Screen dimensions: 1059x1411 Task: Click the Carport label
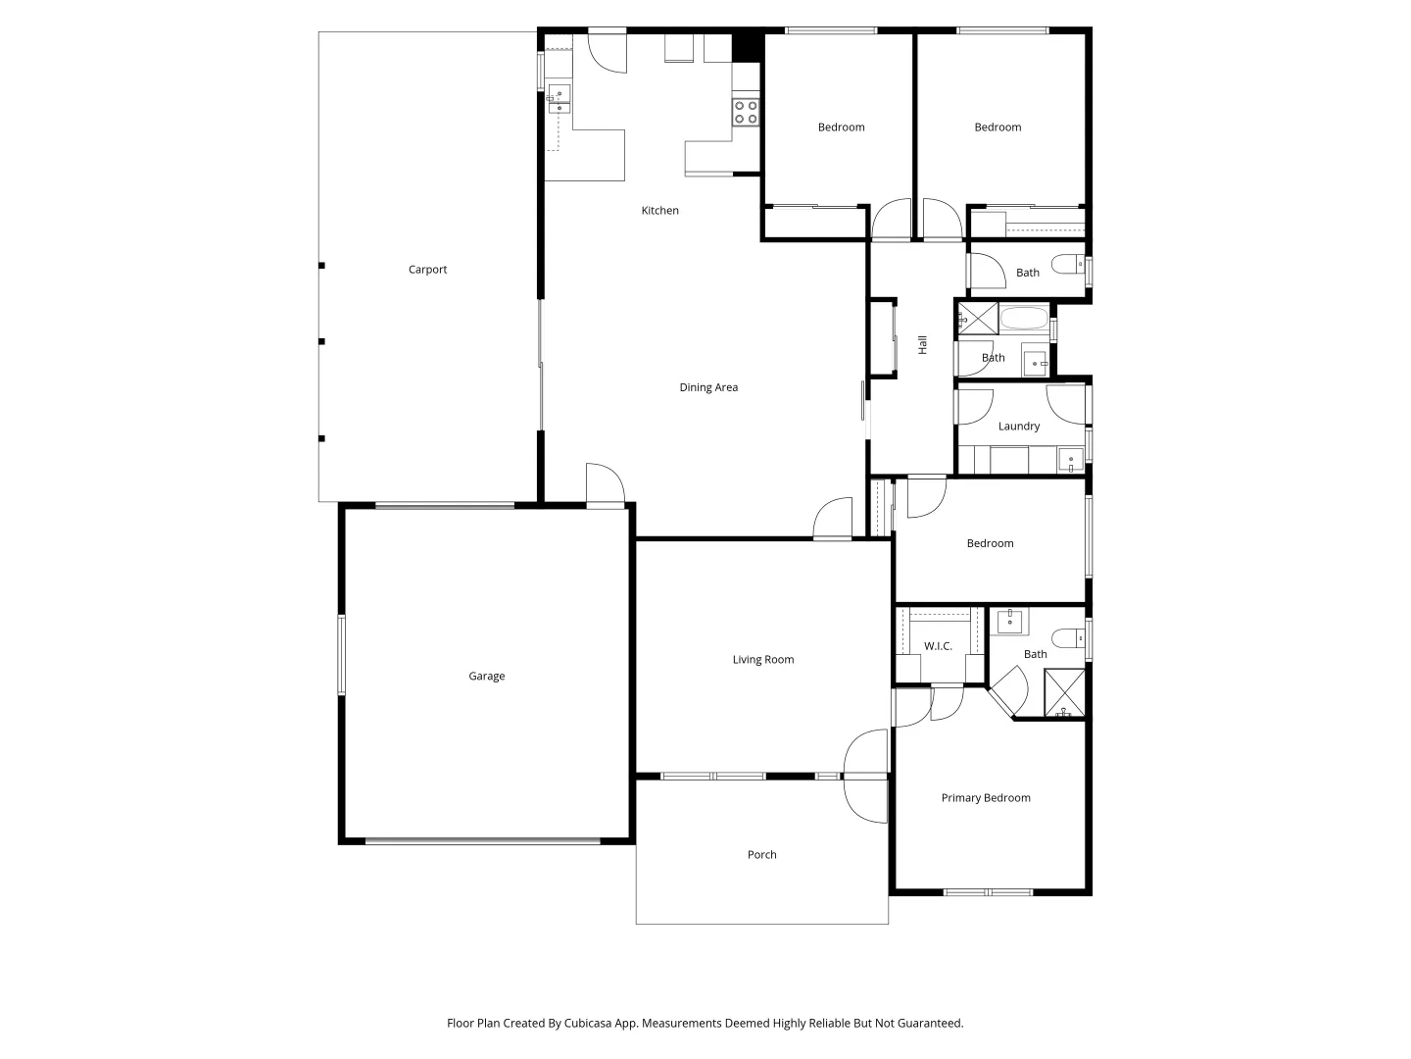pyautogui.click(x=427, y=270)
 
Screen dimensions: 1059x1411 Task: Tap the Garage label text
pyautogui.click(x=486, y=677)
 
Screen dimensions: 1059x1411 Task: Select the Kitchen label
pyautogui.click(x=659, y=211)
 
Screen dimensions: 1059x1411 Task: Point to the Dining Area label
pyautogui.click(x=708, y=387)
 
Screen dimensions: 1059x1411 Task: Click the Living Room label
pyautogui.click(x=762, y=660)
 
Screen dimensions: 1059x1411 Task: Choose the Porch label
pyautogui.click(x=761, y=855)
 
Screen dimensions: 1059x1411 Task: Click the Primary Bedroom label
pyautogui.click(x=985, y=798)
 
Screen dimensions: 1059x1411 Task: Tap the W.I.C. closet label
pyautogui.click(x=938, y=646)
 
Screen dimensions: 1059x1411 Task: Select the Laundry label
pyautogui.click(x=1018, y=427)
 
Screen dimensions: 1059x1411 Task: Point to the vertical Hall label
pyautogui.click(x=922, y=344)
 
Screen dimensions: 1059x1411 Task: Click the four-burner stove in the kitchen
pyautogui.click(x=746, y=112)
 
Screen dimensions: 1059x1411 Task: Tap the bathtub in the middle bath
pyautogui.click(x=1024, y=320)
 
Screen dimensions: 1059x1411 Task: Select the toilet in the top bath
pyautogui.click(x=1067, y=263)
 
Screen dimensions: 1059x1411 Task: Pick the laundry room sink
pyautogui.click(x=1070, y=459)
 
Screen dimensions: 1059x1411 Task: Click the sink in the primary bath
pyautogui.click(x=1009, y=622)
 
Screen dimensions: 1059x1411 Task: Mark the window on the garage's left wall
pyautogui.click(x=342, y=654)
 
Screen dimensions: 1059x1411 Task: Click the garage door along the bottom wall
pyautogui.click(x=483, y=840)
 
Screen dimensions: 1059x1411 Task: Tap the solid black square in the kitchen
pyautogui.click(x=747, y=46)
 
